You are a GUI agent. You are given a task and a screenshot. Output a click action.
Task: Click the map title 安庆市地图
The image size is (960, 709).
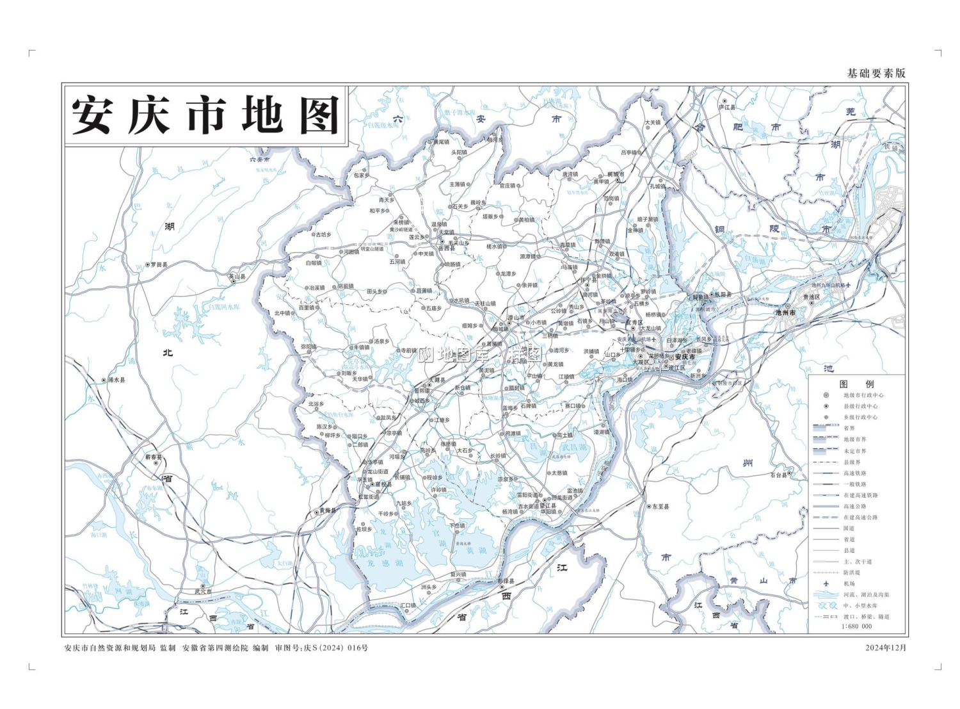(205, 116)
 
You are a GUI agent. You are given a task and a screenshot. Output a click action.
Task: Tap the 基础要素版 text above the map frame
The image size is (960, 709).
(876, 73)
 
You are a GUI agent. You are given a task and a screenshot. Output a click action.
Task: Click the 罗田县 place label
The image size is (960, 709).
(159, 265)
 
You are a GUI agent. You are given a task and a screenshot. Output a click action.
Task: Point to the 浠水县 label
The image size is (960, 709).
(116, 380)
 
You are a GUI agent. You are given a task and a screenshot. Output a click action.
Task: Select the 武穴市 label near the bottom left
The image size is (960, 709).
(204, 591)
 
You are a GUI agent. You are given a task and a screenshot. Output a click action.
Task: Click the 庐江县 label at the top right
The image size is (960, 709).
(727, 108)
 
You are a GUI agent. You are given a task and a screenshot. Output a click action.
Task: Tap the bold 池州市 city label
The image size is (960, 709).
(785, 313)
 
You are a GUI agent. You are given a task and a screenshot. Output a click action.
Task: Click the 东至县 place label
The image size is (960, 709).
(660, 506)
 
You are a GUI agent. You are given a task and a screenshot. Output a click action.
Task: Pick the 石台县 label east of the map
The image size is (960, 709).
(779, 475)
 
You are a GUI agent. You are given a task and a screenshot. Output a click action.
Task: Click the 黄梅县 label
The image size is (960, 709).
(327, 510)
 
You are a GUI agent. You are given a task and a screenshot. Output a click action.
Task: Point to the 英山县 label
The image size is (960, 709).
(237, 277)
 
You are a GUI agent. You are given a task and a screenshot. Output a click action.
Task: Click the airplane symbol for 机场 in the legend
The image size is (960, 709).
(826, 583)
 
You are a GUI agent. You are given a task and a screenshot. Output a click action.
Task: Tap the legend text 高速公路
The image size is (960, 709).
(854, 506)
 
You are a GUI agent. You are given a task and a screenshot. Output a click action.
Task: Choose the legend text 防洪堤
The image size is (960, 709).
(852, 573)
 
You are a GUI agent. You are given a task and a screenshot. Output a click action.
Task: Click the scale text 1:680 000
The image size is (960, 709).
(857, 626)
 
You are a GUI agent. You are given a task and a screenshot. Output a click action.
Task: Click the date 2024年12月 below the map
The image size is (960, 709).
(886, 648)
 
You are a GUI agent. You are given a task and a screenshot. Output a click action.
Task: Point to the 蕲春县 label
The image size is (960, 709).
(154, 457)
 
